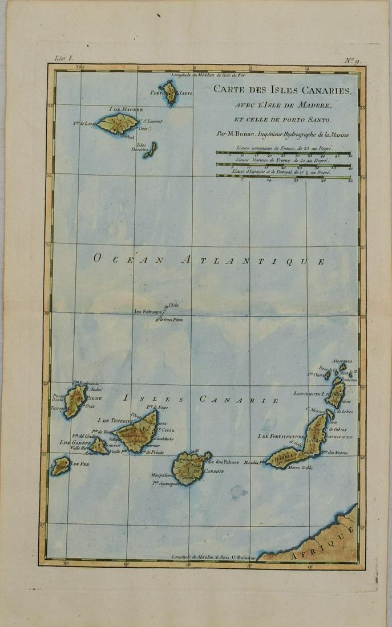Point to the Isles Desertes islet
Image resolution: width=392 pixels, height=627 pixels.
click(151, 149)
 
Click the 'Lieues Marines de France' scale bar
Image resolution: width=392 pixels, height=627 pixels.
click(284, 164)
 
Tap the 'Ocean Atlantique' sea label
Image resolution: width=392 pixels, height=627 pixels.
click(209, 260)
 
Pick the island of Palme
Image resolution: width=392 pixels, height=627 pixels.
click(75, 401)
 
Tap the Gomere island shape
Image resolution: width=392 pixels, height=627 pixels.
click(99, 445)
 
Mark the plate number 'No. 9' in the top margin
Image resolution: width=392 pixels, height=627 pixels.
click(352, 59)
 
